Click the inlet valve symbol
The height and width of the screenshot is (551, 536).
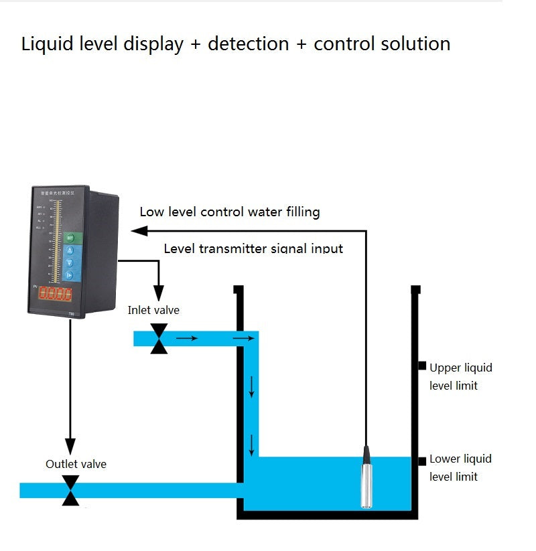click(159, 338)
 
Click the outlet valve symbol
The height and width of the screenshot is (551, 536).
click(70, 490)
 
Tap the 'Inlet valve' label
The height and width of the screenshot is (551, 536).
click(153, 310)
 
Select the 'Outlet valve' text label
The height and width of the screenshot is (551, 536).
click(76, 463)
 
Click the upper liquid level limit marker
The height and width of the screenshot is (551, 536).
click(422, 366)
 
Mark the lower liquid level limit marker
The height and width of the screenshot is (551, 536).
click(422, 461)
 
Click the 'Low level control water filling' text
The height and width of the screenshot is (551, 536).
click(229, 212)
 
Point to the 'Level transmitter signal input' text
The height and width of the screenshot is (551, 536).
click(253, 248)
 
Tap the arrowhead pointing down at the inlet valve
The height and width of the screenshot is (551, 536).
click(159, 293)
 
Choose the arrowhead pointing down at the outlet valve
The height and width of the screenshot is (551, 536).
click(70, 446)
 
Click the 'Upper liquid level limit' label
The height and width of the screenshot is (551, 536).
click(460, 376)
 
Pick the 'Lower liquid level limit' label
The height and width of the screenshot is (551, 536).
click(460, 467)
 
